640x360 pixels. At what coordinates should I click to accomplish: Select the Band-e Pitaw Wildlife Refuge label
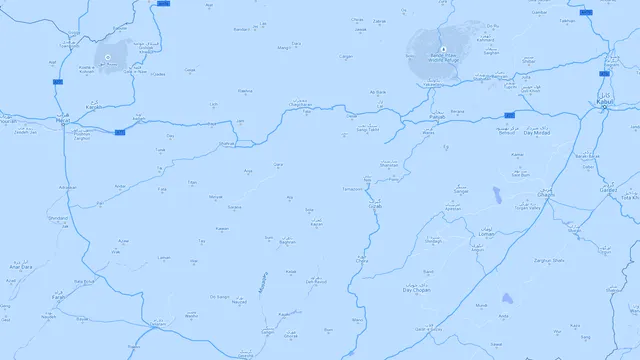(x=442, y=58)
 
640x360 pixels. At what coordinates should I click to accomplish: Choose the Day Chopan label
(x=415, y=289)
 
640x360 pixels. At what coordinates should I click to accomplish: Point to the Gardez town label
(x=607, y=189)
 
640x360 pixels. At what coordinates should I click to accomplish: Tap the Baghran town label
(x=287, y=242)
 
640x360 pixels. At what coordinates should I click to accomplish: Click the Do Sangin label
(x=220, y=297)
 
